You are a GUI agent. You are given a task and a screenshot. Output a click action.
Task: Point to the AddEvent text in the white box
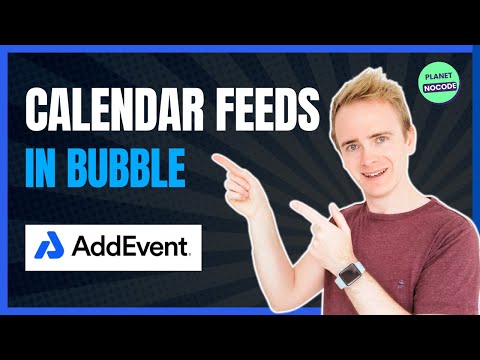(x=130, y=246)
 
